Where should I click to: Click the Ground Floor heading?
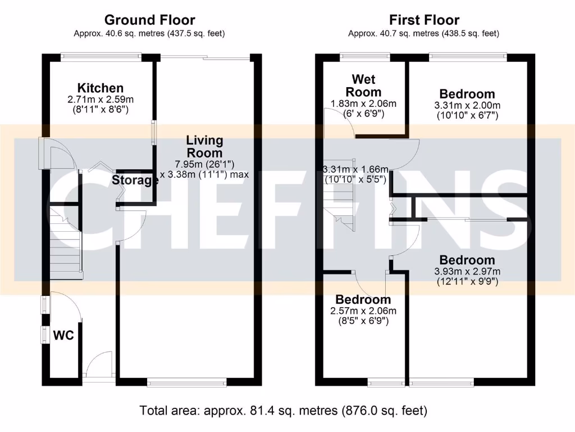149,20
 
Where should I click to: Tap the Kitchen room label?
101,88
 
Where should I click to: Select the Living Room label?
204,146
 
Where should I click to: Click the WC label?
63,336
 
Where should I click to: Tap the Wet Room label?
363,85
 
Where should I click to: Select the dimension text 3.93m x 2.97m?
467,272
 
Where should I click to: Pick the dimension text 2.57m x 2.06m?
363,311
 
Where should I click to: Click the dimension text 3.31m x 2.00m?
467,105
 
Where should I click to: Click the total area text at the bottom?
284,410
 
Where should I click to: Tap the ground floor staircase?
66,242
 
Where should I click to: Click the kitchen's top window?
101,55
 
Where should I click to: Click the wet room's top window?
366,55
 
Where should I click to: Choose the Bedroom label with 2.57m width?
363,300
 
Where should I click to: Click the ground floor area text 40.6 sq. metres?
149,33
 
